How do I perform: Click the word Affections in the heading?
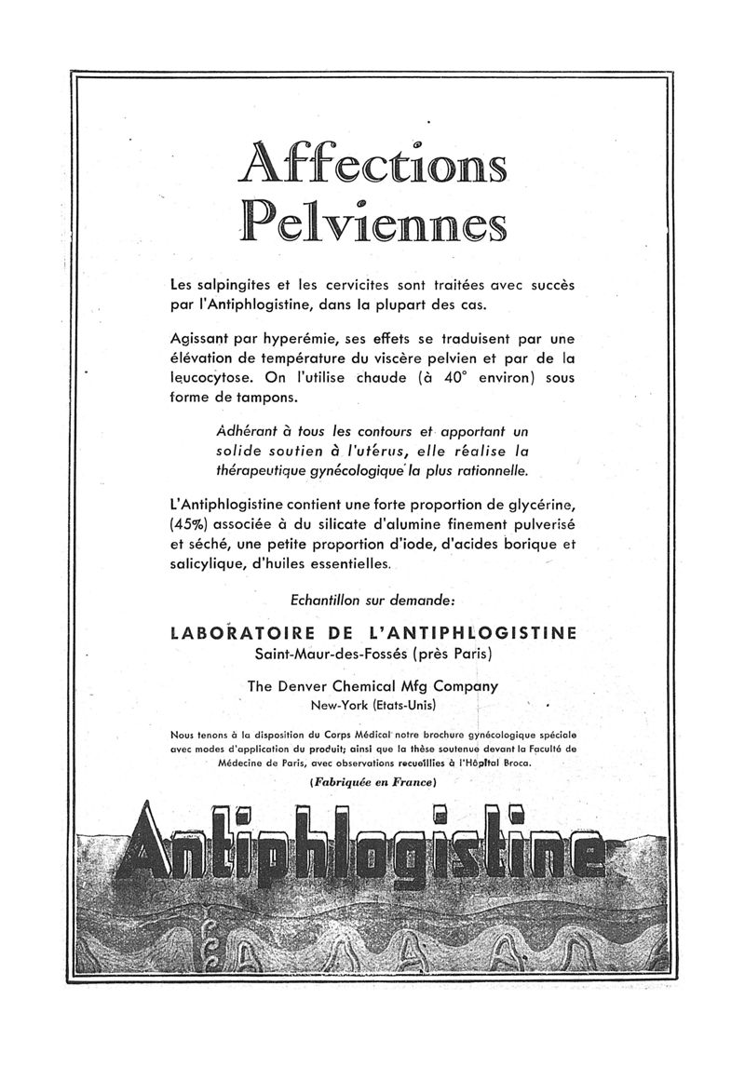click(372, 163)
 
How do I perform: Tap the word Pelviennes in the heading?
click(372, 222)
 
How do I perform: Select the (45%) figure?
click(189, 523)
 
